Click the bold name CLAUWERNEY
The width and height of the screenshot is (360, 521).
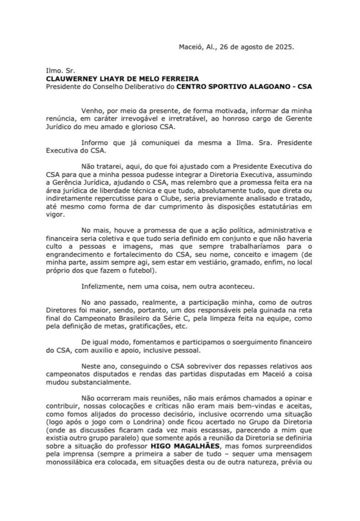(x=73, y=79)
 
